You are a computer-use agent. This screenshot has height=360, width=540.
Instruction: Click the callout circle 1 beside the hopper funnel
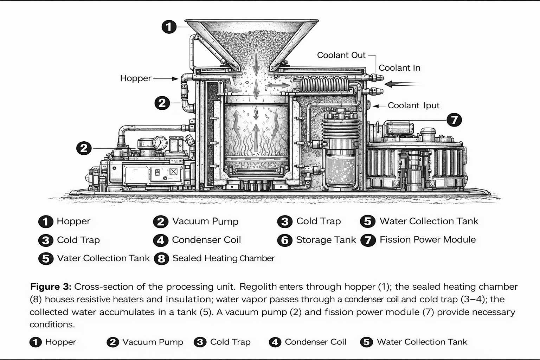tap(169, 27)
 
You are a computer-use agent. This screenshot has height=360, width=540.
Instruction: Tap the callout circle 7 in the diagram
tap(454, 120)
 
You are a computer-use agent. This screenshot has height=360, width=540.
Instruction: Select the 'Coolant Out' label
tap(341, 55)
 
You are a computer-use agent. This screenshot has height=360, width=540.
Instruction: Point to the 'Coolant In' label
tap(399, 68)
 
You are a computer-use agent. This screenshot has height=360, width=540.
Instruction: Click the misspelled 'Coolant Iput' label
tap(413, 105)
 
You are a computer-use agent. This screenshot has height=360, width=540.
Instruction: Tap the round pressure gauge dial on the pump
tap(160, 142)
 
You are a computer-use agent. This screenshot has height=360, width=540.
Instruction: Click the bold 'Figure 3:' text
tap(51, 287)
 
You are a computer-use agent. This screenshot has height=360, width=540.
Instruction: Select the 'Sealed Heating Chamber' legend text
tap(223, 258)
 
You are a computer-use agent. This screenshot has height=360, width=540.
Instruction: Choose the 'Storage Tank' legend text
tap(326, 240)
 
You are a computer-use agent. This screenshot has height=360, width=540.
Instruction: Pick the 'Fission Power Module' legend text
tap(427, 240)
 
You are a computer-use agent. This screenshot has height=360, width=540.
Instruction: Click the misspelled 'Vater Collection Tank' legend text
tap(103, 258)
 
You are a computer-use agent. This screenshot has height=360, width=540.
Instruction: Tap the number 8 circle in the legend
tap(161, 259)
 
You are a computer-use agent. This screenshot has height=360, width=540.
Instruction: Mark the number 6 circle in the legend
tap(284, 240)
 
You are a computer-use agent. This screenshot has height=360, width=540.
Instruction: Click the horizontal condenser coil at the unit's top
tap(323, 85)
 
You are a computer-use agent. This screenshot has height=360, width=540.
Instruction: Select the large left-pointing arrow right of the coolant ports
tap(401, 84)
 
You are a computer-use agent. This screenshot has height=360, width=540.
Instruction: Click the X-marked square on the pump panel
tap(173, 172)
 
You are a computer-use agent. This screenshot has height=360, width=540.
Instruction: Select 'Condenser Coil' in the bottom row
tap(315, 342)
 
